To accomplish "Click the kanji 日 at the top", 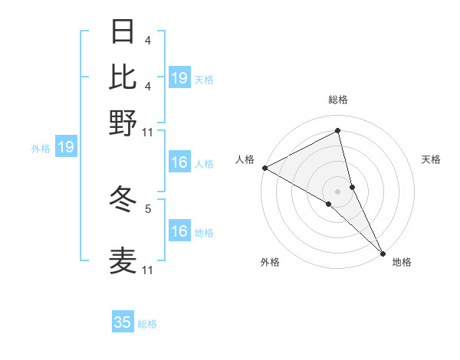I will point(123,32).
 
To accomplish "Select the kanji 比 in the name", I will point(123,77).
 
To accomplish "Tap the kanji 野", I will point(123,123).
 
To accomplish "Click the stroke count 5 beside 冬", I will point(147,208).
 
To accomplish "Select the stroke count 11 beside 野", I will point(148,132).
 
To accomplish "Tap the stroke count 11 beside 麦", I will point(148,270).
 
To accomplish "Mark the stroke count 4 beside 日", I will point(147,41).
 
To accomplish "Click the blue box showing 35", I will point(123,322).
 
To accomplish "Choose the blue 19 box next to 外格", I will point(66,147).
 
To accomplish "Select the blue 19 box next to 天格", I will point(179,78).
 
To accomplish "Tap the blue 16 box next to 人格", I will point(179,162).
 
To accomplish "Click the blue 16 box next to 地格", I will point(179,231).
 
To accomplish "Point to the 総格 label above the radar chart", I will point(338,100).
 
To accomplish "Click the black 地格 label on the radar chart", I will point(402,263).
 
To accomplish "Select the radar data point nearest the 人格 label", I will point(264,168).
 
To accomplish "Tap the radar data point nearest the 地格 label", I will point(383,253).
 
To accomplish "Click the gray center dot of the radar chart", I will point(338,191).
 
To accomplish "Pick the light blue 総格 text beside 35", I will point(147,324).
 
